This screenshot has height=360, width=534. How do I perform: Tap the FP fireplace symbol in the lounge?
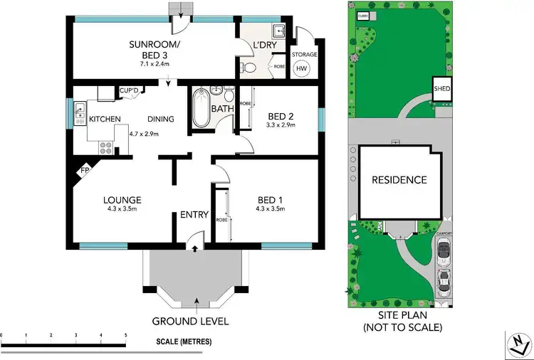coord(84,171)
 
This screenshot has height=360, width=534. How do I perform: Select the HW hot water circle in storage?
coord(303,68)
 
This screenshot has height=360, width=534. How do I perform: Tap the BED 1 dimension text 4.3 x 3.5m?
coord(271,209)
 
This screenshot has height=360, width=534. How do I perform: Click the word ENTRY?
coord(194,215)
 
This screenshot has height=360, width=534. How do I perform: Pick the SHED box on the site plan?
coord(442,90)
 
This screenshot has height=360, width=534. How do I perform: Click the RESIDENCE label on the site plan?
coord(399,180)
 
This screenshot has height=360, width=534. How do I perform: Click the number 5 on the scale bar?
coord(125,335)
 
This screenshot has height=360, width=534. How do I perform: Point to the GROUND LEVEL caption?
coord(190,321)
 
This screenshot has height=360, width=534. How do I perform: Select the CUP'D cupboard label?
coord(128,90)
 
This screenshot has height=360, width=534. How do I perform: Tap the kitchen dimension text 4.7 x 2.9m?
coord(143,133)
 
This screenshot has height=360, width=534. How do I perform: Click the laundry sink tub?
coord(279,31)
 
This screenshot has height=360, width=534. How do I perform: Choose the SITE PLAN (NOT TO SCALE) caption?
coord(402,322)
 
